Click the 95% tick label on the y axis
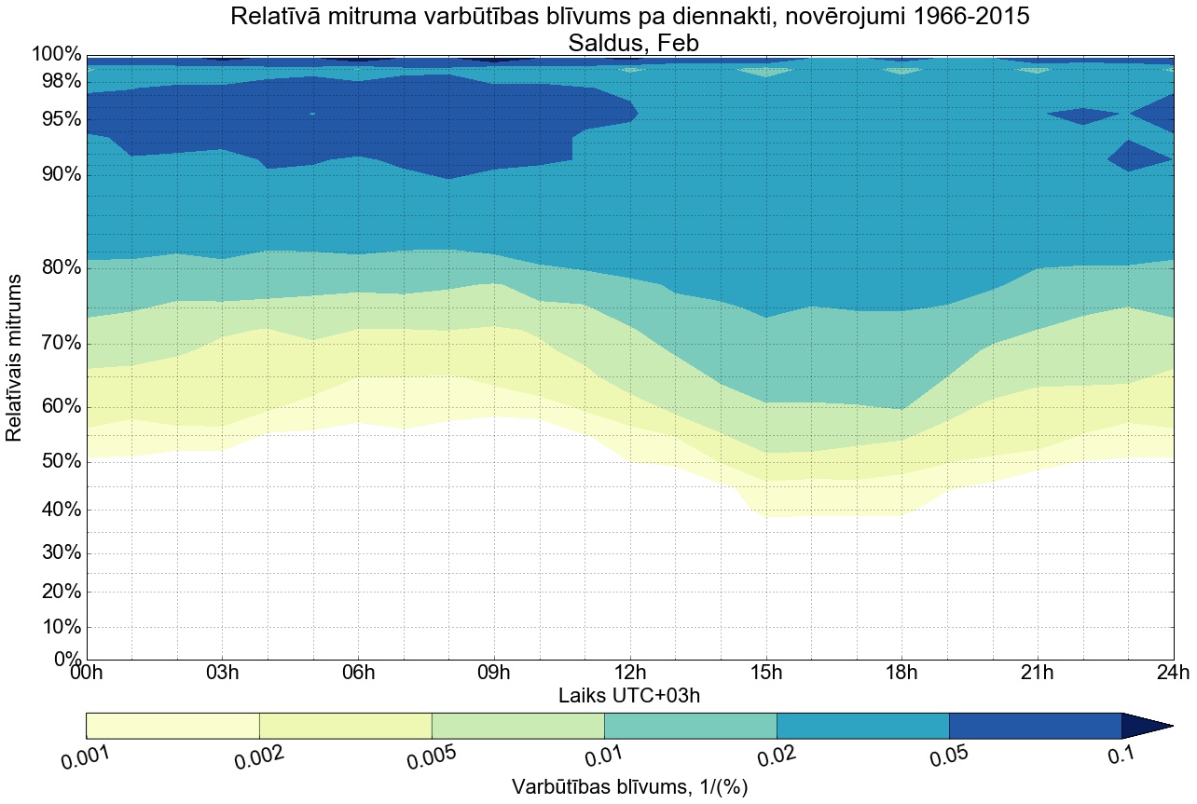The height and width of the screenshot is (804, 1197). tap(55, 120)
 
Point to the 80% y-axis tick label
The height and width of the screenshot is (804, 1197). tap(55, 268)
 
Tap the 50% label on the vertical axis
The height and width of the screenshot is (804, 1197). tap(55, 462)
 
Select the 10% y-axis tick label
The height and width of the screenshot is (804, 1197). tap(55, 627)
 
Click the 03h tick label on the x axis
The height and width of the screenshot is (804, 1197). tap(222, 673)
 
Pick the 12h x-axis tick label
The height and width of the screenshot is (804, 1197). tap(630, 673)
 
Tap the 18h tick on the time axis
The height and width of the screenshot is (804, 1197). tap(901, 673)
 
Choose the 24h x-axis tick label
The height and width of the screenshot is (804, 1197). tap(1172, 673)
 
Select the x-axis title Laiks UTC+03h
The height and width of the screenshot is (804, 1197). tap(629, 695)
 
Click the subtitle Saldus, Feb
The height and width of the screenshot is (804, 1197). tap(629, 42)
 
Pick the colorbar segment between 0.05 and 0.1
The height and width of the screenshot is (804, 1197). tap(1035, 726)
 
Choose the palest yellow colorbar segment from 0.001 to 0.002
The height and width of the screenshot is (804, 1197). tap(172, 726)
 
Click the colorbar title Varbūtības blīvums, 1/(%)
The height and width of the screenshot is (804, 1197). tap(629, 787)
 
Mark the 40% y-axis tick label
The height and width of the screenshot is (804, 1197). tap(55, 511)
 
